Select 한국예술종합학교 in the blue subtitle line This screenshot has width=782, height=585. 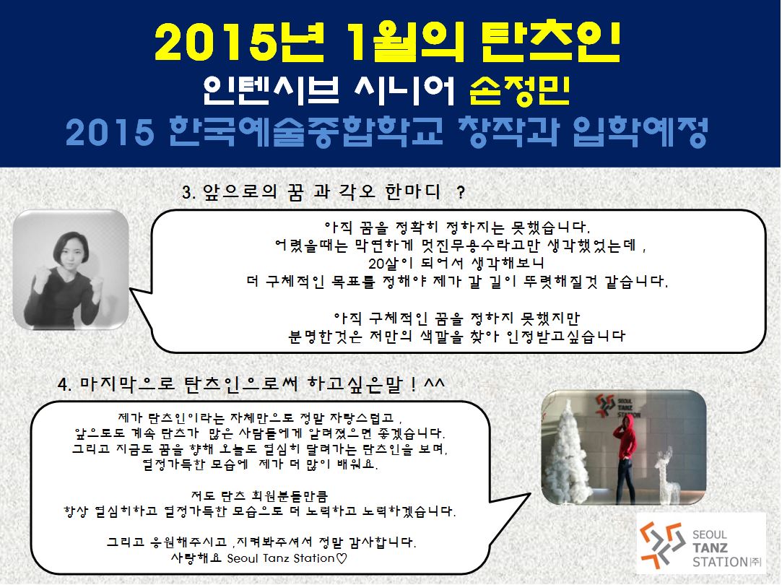coord(305,133)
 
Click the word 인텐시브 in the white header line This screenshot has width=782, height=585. coord(271,90)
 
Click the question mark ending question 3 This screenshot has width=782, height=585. coord(461,193)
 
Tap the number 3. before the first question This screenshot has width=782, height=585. coord(189,193)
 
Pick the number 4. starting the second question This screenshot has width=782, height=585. coord(65,384)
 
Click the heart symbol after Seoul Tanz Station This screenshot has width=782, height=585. coord(341,558)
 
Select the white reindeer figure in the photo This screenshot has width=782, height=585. coord(666,472)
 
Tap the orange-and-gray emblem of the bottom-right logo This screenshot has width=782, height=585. coord(662,545)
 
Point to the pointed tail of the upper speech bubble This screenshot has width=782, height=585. coord(131,289)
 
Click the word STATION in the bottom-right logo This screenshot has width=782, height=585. coord(720,562)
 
